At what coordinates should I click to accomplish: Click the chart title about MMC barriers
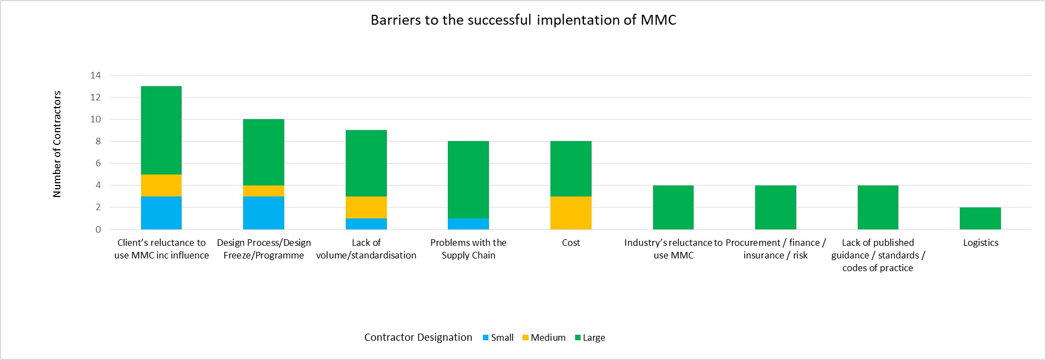point(523,20)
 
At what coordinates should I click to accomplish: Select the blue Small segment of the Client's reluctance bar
point(161,213)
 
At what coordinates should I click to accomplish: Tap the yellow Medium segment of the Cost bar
point(571,213)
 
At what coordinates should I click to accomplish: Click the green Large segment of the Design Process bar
point(263,152)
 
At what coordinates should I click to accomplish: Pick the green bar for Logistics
point(980,218)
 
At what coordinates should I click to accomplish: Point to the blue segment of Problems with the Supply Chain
point(468,224)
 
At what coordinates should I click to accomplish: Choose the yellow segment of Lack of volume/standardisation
point(366,207)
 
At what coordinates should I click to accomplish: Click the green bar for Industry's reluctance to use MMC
point(673,207)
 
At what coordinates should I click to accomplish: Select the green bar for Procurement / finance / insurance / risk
point(775,207)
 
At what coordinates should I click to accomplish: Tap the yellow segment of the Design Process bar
point(263,191)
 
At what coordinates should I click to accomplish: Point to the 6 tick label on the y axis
point(98,164)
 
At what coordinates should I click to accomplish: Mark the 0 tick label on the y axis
point(98,230)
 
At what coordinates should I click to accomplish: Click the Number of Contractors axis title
point(57,144)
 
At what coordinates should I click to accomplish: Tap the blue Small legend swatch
point(485,337)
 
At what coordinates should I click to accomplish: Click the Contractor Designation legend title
point(418,337)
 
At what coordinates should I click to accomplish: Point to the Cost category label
point(571,243)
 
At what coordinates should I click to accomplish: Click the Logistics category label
point(981,243)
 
